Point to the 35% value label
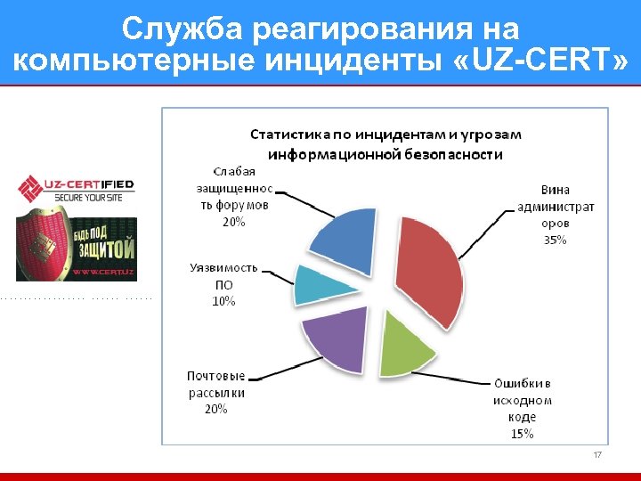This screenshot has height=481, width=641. click(x=555, y=240)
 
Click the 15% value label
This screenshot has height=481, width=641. click(x=522, y=434)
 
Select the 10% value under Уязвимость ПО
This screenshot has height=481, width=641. click(x=223, y=301)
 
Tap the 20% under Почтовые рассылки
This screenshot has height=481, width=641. click(x=216, y=409)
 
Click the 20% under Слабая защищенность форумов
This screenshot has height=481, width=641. click(x=234, y=222)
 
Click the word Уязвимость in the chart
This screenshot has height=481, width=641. click(x=223, y=267)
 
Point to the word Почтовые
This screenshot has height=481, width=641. click(x=216, y=376)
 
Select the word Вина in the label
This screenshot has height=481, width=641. click(x=556, y=191)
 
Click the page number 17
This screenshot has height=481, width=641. click(x=597, y=455)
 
